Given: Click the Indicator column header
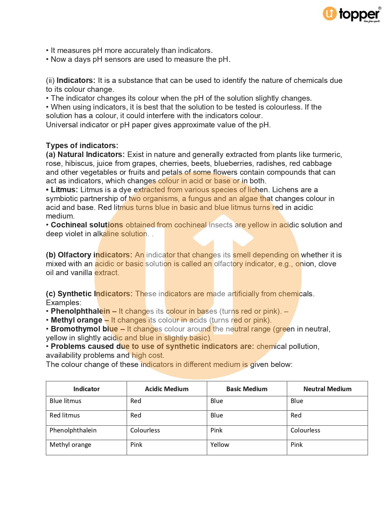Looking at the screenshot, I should pyautogui.click(x=86, y=389).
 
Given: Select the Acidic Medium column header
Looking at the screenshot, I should pyautogui.click(x=166, y=389).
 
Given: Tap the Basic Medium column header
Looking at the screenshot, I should pyautogui.click(x=247, y=389).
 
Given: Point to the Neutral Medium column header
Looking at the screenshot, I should pyautogui.click(x=327, y=389).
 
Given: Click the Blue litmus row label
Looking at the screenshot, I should pyautogui.click(x=65, y=401).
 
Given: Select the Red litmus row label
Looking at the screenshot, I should pyautogui.click(x=65, y=415).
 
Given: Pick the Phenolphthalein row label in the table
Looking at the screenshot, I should pyautogui.click(x=73, y=430).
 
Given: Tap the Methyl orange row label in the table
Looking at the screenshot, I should pyautogui.click(x=70, y=445).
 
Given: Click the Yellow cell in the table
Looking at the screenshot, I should pyautogui.click(x=219, y=445).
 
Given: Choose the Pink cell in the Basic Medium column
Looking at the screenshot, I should pyautogui.click(x=216, y=430).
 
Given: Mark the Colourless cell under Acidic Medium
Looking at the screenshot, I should pyautogui.click(x=145, y=430).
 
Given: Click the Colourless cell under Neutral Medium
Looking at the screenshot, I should pyautogui.click(x=305, y=430).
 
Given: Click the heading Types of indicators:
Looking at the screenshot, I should pyautogui.click(x=82, y=145).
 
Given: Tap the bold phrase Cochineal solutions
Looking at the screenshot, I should pyautogui.click(x=87, y=225).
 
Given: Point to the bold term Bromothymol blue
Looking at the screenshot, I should pyautogui.click(x=84, y=329).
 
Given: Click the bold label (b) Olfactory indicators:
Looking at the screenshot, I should pyautogui.click(x=89, y=255).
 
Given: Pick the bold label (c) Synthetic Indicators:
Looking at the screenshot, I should pyautogui.click(x=89, y=294).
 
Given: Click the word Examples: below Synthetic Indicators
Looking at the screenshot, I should pyautogui.click(x=64, y=303).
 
